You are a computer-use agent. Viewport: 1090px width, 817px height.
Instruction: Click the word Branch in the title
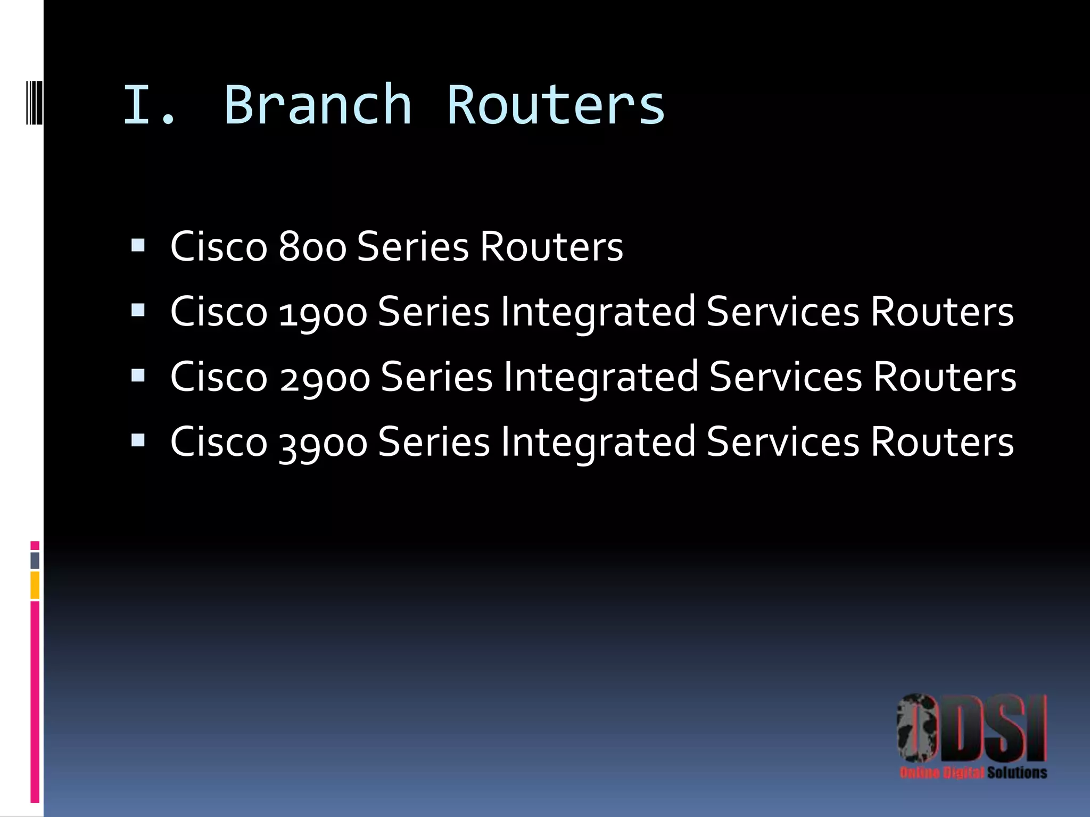click(x=318, y=105)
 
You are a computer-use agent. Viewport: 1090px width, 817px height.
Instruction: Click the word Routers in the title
click(x=556, y=105)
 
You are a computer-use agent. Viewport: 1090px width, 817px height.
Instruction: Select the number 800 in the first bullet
click(x=312, y=247)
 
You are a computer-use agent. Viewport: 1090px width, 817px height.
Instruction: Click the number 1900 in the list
click(x=323, y=312)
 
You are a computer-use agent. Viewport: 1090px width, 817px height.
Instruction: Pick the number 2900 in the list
click(x=325, y=377)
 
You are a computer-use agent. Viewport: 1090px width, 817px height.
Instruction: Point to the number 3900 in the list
click(x=323, y=443)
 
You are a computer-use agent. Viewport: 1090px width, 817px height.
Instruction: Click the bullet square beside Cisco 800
click(x=138, y=245)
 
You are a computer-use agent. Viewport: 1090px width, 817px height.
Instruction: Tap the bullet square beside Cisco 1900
click(x=138, y=310)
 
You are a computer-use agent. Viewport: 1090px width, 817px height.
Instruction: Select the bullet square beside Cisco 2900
click(x=138, y=376)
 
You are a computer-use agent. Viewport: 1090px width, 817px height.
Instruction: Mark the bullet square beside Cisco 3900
click(x=138, y=440)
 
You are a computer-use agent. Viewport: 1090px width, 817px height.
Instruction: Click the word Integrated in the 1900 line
click(x=598, y=312)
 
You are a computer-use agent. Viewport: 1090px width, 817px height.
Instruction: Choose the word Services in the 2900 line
click(x=786, y=377)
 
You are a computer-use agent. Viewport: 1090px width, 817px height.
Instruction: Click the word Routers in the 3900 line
click(x=942, y=443)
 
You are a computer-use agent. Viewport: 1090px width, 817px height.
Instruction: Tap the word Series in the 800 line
click(x=413, y=247)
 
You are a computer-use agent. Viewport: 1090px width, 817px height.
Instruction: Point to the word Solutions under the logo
click(x=1017, y=772)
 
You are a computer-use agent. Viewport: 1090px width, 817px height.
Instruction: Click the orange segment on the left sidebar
click(x=35, y=585)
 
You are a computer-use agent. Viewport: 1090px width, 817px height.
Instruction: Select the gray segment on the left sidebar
click(x=35, y=560)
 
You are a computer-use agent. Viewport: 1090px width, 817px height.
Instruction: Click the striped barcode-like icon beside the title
click(x=34, y=102)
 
